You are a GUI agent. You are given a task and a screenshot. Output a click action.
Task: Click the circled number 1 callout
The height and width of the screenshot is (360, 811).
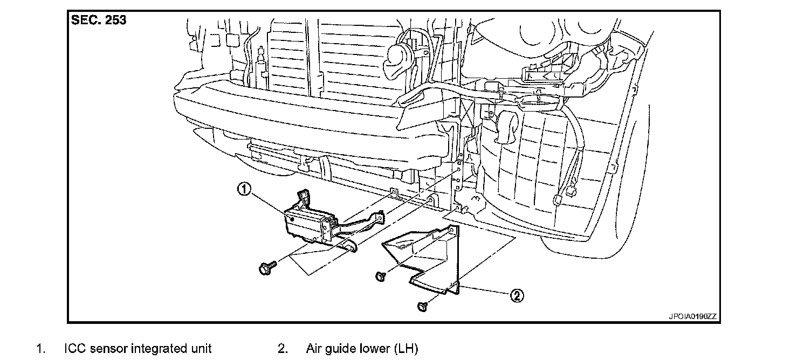[245, 190]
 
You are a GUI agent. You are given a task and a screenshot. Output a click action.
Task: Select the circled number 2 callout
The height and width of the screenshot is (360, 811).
[517, 295]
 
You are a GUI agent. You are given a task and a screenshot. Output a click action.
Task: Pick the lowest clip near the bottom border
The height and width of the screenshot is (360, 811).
[422, 307]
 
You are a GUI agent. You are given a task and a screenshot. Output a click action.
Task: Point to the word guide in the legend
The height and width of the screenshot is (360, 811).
[343, 349]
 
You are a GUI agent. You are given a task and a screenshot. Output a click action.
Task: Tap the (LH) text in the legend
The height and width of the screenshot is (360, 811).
[406, 349]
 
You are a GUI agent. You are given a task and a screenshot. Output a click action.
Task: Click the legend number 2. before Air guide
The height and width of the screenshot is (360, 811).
[283, 349]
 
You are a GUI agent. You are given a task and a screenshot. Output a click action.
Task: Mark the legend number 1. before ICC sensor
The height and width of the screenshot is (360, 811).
[40, 349]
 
